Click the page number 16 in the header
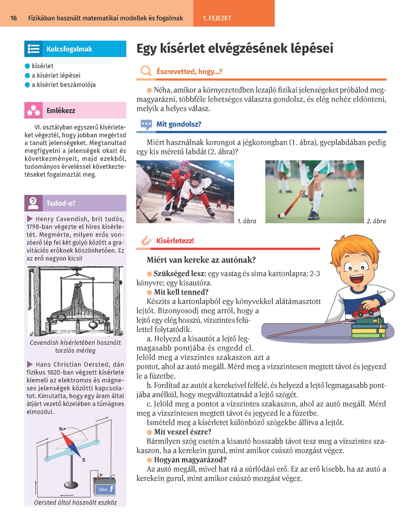click(x=14, y=18)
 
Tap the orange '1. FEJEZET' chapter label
click(x=217, y=18)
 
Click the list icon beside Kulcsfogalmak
click(x=33, y=49)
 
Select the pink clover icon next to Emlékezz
click(x=33, y=111)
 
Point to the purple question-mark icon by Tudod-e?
click(x=33, y=203)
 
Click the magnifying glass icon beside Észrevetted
click(x=146, y=71)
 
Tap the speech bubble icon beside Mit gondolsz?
click(x=146, y=125)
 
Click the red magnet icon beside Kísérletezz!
click(x=146, y=241)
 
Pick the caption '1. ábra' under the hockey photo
click(x=247, y=221)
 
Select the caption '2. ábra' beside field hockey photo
click(x=376, y=221)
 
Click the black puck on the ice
click(x=167, y=218)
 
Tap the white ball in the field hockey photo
click(x=282, y=215)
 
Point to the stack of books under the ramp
click(x=369, y=329)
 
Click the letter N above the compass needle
click(x=61, y=429)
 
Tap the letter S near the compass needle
click(x=83, y=460)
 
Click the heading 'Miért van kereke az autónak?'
click(x=201, y=260)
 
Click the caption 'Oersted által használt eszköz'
click(x=75, y=503)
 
